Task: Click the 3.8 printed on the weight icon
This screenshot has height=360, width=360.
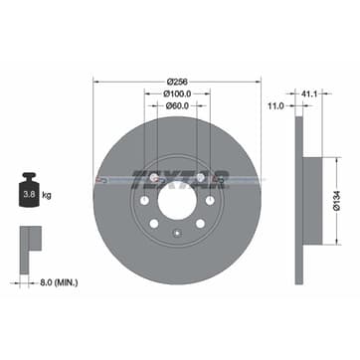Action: [28, 184]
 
